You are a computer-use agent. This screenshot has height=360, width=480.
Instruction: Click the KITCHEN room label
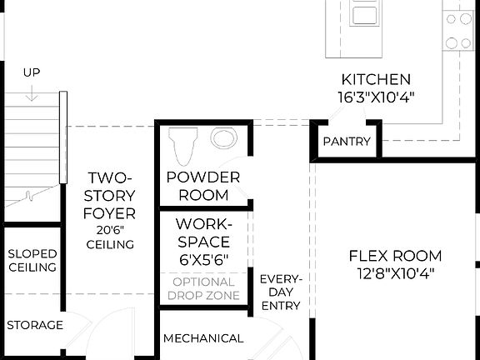pos(375,80)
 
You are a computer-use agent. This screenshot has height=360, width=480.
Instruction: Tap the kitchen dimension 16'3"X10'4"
pos(375,97)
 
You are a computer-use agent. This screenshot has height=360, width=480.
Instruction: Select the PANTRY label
pos(346,142)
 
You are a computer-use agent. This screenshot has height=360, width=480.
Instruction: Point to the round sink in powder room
pos(223,138)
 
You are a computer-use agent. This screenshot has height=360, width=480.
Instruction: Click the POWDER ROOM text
pos(203,186)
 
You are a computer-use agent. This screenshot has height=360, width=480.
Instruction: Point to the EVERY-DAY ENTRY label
pos(280,292)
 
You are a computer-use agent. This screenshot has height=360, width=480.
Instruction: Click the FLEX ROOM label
pos(395,256)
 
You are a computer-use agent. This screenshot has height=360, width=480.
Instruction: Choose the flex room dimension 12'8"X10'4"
pos(395,272)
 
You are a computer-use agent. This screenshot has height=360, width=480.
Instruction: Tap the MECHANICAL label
pos(203,338)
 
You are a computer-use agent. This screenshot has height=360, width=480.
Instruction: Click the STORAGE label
pos(35,325)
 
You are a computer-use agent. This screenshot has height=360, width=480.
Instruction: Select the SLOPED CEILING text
pos(32,260)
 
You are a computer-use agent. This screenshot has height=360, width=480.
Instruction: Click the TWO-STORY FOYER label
pos(111,196)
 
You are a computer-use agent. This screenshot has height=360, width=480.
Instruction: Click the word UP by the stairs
pos(32,73)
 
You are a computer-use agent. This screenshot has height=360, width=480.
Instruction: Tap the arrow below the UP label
pos(32,93)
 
